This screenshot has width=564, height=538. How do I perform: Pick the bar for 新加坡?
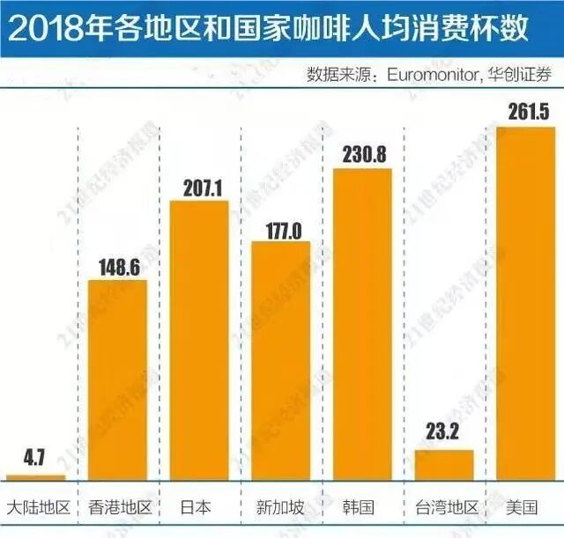pyautogui.click(x=280, y=361)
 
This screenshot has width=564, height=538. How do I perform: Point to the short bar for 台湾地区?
pyautogui.click(x=444, y=465)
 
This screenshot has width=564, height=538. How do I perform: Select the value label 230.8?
pyautogui.click(x=362, y=152)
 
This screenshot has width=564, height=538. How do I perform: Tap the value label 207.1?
pyautogui.click(x=198, y=187)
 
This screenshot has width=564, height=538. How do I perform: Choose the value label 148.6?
pyautogui.click(x=117, y=267)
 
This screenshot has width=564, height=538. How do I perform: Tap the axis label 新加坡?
pyautogui.click(x=280, y=508)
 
